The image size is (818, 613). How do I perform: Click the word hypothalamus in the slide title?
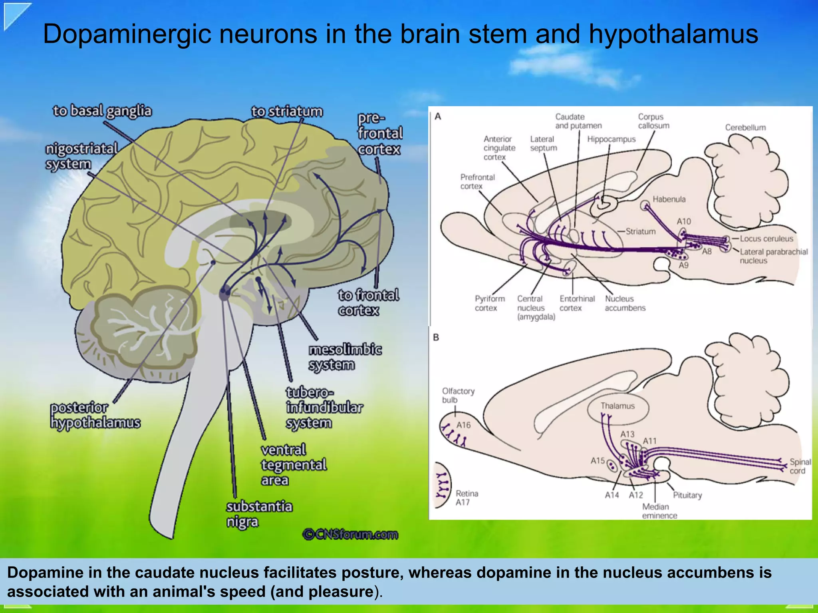(x=673, y=35)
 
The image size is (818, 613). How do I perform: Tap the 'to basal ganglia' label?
(x=102, y=111)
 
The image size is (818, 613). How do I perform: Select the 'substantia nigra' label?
(x=259, y=514)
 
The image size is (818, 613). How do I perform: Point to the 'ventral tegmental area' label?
(x=294, y=465)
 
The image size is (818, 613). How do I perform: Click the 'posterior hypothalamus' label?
(x=95, y=415)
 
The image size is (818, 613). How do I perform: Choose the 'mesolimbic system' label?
(x=345, y=357)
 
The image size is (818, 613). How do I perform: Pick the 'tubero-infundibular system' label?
(x=324, y=408)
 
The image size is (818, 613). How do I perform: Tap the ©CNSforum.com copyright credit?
(x=350, y=534)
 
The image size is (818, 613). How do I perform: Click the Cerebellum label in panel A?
(x=745, y=127)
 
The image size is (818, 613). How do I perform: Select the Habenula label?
(x=669, y=199)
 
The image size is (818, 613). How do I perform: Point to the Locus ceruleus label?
(x=766, y=239)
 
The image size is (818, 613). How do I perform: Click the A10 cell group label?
(x=683, y=221)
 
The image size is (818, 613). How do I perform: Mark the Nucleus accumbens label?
(x=625, y=303)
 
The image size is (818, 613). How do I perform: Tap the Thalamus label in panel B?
(x=617, y=406)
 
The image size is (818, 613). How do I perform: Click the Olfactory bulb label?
(x=458, y=395)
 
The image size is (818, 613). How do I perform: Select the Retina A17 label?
(x=467, y=498)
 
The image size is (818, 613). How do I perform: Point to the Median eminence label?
(x=659, y=511)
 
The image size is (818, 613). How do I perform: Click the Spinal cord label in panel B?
(x=800, y=466)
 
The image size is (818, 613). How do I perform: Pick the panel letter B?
(x=436, y=338)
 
